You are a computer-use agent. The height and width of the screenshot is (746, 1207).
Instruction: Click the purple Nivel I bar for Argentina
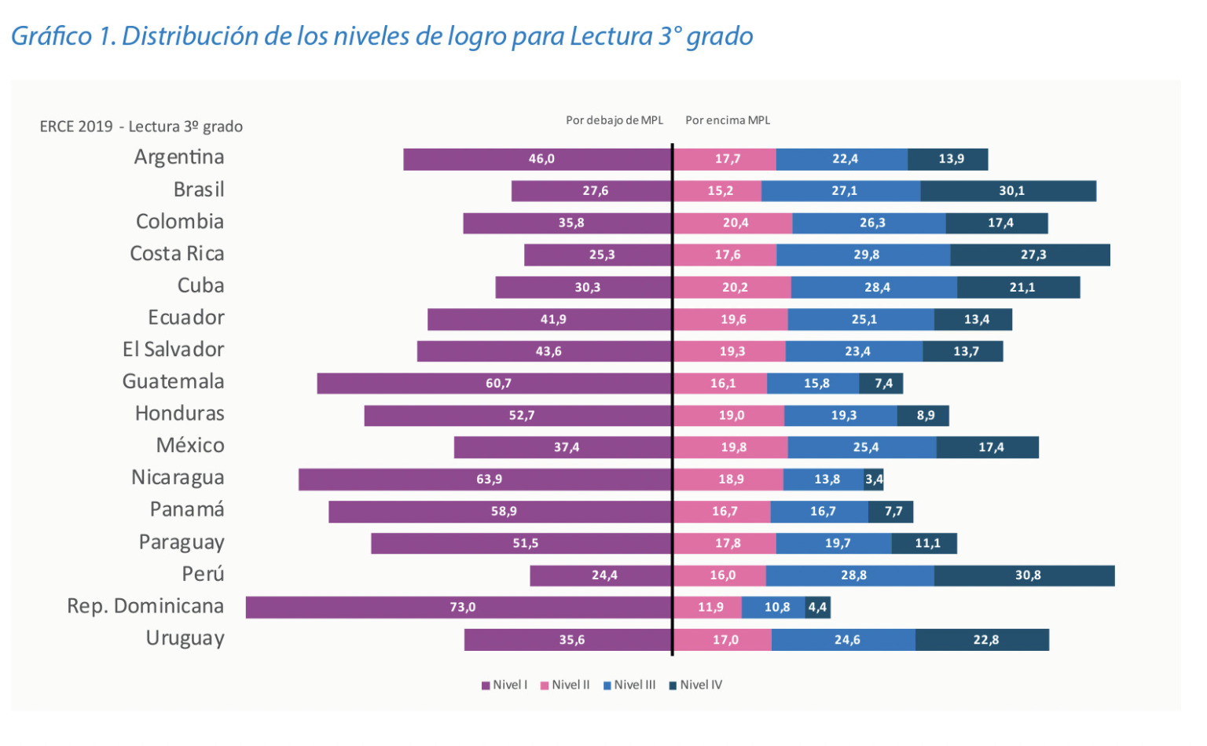(537, 159)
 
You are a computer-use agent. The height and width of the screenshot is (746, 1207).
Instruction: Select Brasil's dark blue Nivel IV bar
(1008, 191)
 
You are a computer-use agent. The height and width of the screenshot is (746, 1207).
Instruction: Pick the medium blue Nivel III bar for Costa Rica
(864, 255)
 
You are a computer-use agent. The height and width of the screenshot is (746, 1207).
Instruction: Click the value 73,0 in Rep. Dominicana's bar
(463, 607)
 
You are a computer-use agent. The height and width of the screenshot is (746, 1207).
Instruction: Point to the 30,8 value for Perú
(1028, 575)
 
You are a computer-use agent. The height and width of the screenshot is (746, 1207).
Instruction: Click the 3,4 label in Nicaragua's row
(874, 480)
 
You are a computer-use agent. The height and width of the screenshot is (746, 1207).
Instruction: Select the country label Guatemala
(173, 382)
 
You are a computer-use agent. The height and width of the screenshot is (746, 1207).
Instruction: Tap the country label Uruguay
(185, 638)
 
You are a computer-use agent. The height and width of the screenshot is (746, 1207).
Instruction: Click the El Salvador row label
(173, 350)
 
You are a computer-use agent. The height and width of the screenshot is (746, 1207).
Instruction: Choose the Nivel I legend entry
(504, 685)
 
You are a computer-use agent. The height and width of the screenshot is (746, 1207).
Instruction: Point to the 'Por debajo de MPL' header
(615, 120)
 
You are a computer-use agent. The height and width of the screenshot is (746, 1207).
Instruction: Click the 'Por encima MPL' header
(728, 120)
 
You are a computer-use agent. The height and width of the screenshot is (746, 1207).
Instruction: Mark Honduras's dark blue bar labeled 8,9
(923, 416)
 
